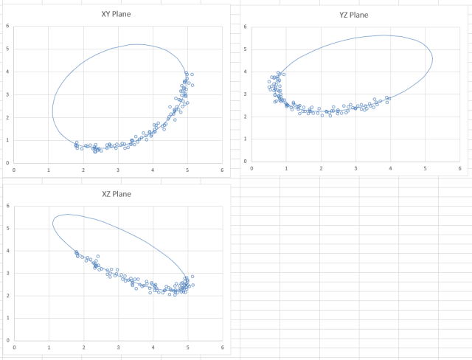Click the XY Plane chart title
click(117, 13)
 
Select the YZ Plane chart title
click(353, 15)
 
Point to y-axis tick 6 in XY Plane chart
click(7, 27)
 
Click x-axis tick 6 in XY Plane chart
click(222, 169)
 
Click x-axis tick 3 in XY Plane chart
click(118, 169)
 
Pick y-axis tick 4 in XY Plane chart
click(7, 72)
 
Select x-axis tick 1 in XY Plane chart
click(49, 169)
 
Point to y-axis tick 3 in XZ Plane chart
click(7, 274)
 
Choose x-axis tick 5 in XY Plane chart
click(187, 169)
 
